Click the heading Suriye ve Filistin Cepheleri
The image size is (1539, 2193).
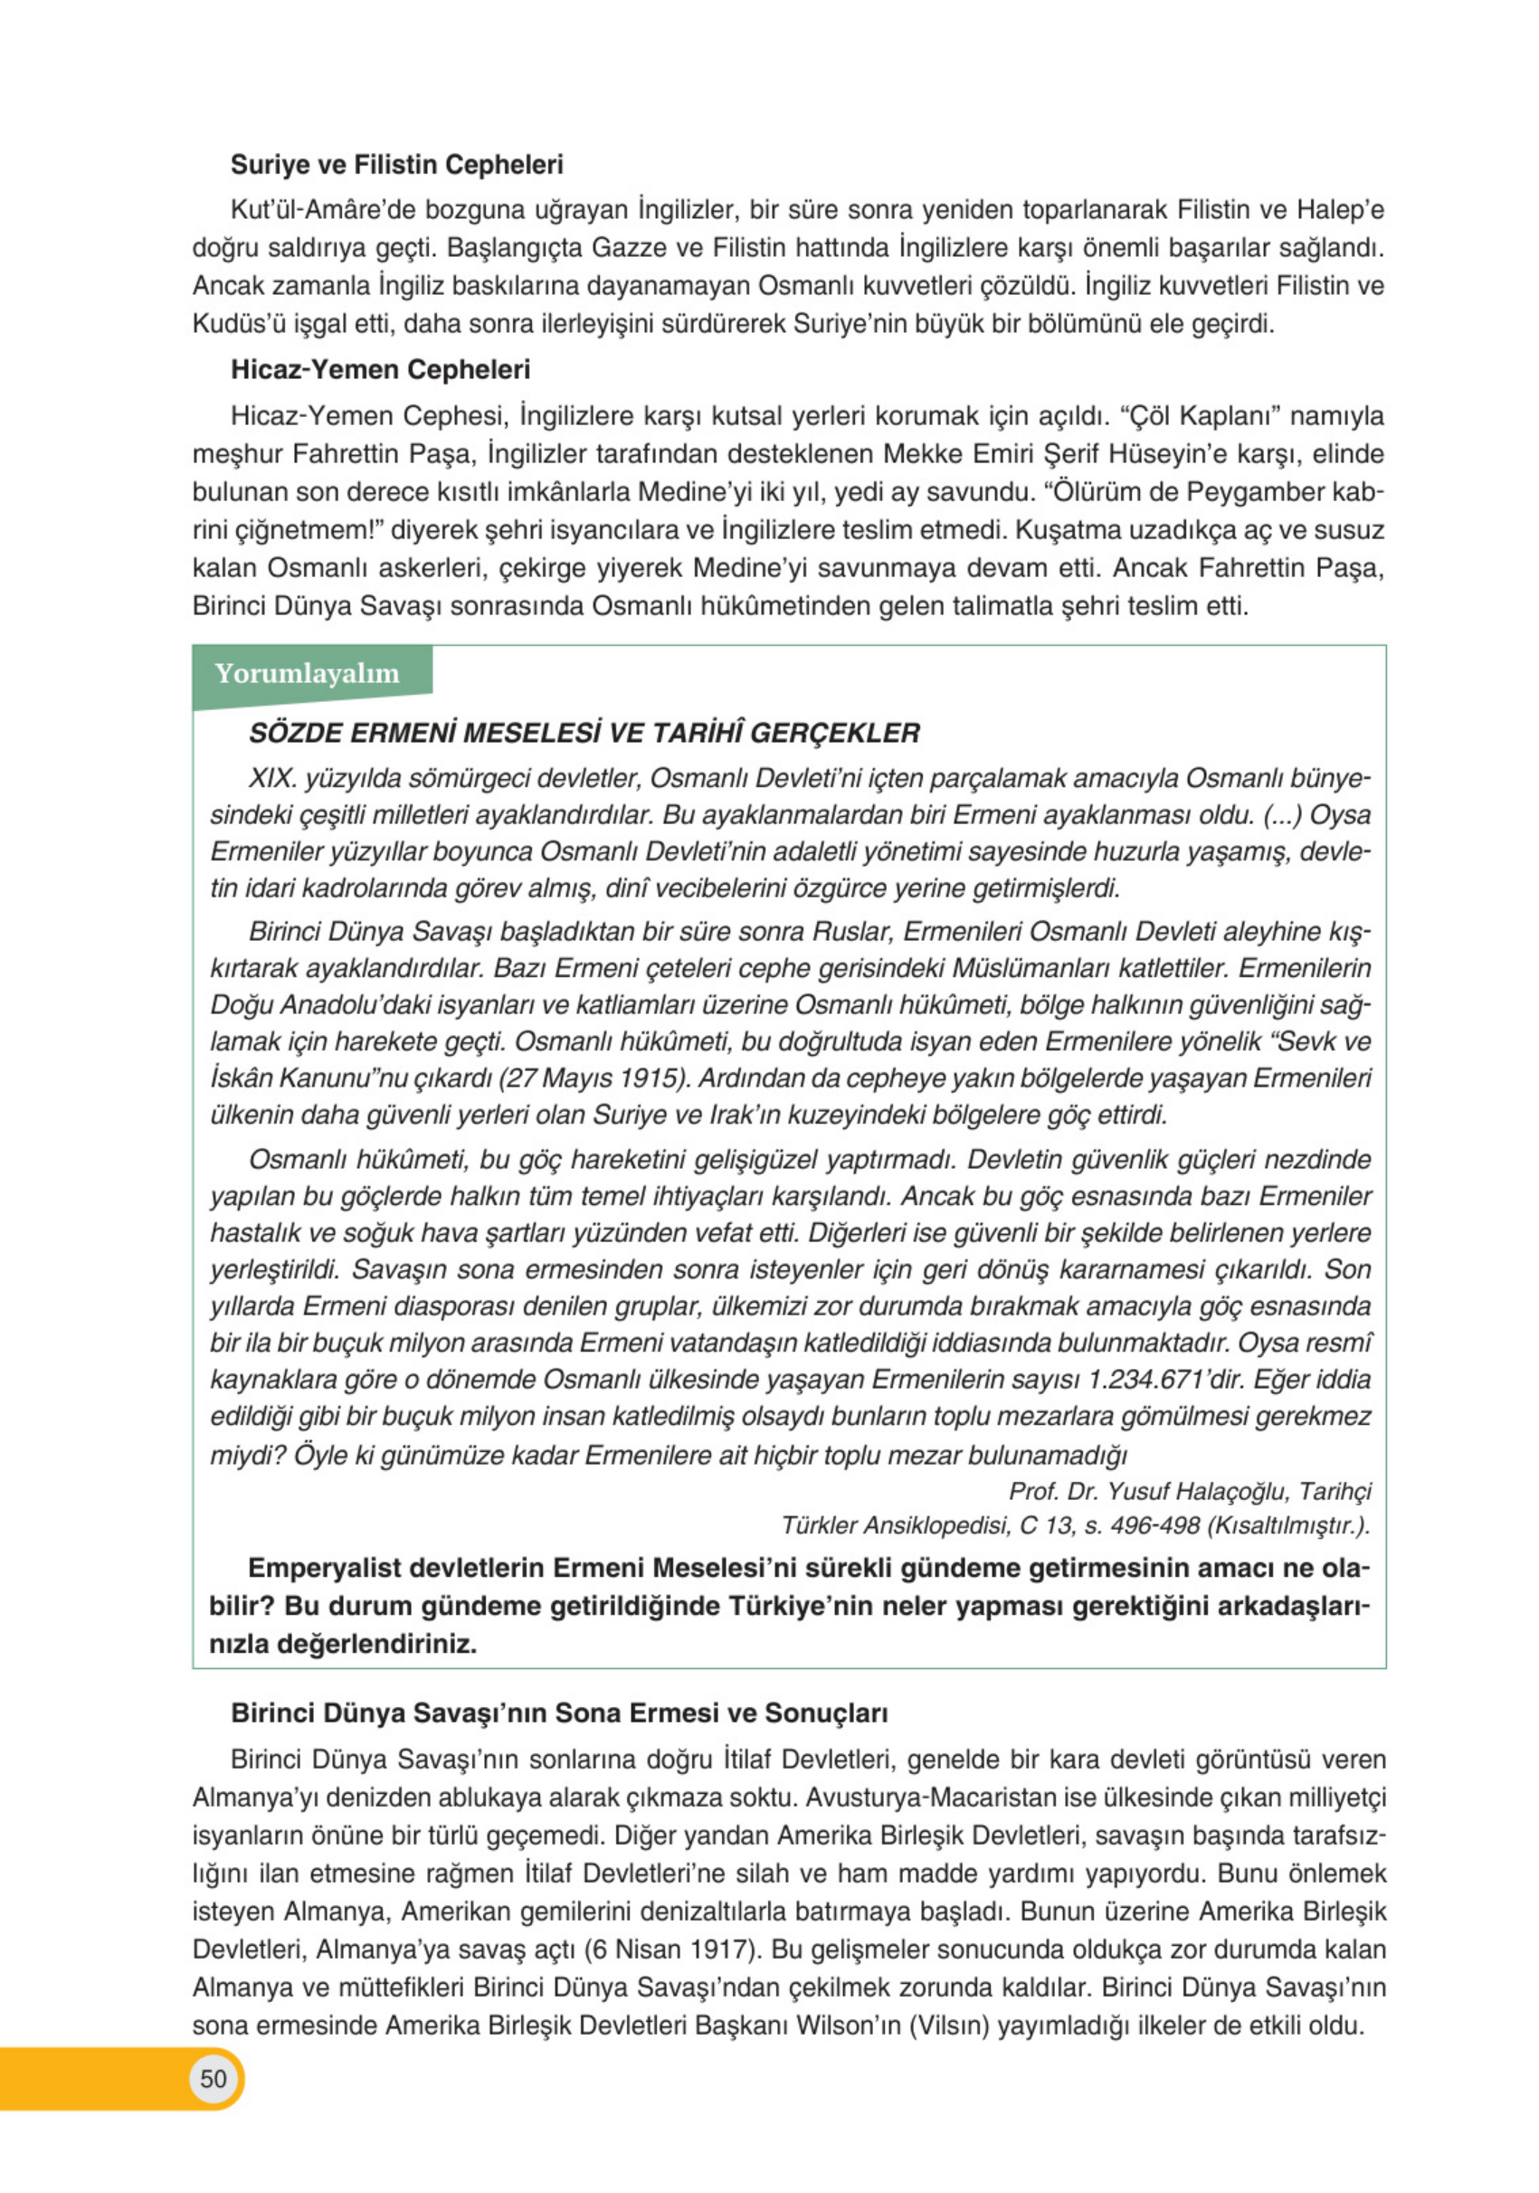coord(395,165)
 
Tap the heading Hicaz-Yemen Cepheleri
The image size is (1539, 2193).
coord(379,370)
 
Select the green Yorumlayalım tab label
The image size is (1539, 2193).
coord(307,673)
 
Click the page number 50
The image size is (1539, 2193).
coord(213,2078)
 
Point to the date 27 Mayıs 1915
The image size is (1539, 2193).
coord(592,1078)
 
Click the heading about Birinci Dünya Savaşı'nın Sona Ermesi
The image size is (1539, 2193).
coord(559,1713)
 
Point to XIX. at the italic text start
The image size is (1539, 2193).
coord(272,778)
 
